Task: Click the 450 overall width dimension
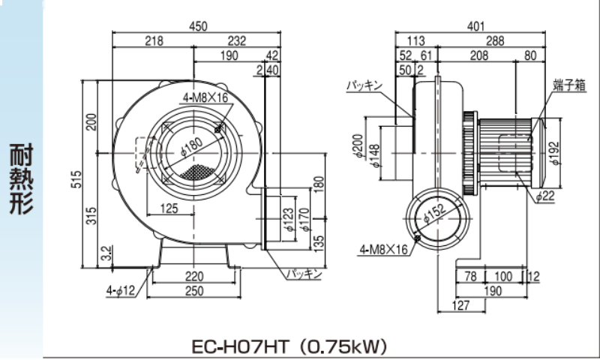[x=197, y=26]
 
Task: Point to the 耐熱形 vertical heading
[x=21, y=179]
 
